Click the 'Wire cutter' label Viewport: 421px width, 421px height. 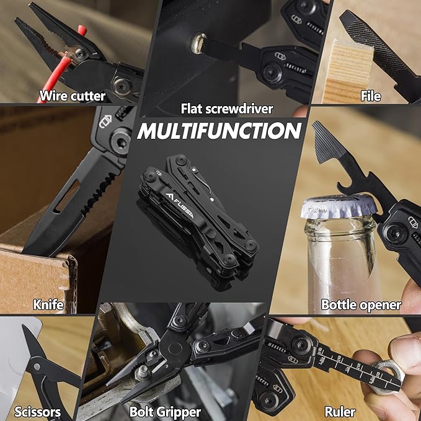[x=72, y=95]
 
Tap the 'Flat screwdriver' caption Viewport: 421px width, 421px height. [x=226, y=109]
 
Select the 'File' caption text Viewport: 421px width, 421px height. [x=370, y=95]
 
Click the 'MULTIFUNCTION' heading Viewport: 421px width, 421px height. [x=219, y=131]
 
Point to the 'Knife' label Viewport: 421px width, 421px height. [x=48, y=304]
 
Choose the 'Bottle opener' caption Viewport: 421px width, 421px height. [x=361, y=304]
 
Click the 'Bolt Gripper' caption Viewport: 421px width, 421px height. [x=165, y=411]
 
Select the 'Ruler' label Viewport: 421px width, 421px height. [x=340, y=411]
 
